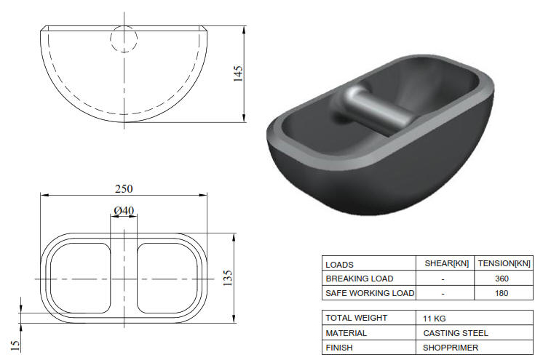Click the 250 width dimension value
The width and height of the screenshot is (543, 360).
pos(124,188)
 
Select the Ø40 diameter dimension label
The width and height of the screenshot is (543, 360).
pos(124,211)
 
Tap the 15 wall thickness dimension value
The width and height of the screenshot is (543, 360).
pos(15,341)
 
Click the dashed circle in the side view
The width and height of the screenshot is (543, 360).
pos(124,39)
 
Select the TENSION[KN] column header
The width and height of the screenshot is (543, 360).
pos(504,264)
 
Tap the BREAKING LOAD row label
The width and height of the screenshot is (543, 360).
pos(360,279)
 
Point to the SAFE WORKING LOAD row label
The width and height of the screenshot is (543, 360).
pos(370,293)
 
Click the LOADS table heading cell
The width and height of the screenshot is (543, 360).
pos(340,265)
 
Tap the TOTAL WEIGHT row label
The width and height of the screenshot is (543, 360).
pos(357,318)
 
